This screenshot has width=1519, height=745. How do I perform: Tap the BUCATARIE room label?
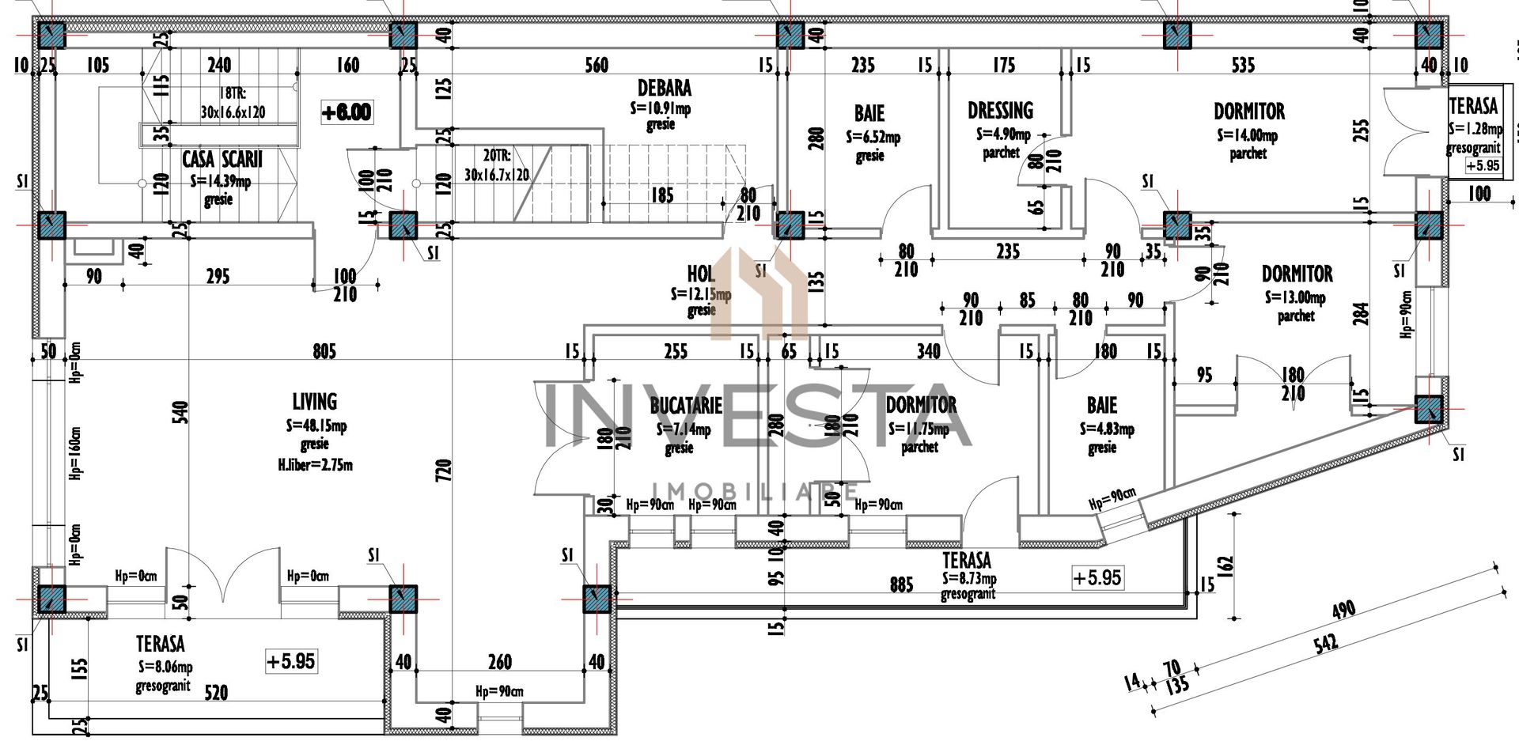[x=685, y=407]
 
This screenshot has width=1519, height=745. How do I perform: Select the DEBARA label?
[x=665, y=88]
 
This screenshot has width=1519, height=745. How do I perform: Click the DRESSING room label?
[x=1000, y=111]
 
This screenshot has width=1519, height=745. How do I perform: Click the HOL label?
[x=701, y=274]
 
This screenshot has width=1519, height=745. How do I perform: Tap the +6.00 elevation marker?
[x=346, y=112]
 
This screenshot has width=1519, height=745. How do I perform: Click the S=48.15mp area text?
[x=316, y=426]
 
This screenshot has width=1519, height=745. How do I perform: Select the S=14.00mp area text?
[x=1247, y=136]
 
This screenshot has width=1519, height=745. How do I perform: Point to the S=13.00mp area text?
[x=1294, y=298]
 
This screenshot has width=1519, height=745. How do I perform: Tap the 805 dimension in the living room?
[x=324, y=350]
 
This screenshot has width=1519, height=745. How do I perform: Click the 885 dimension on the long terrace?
[x=901, y=584]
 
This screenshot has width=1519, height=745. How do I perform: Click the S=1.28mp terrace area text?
[x=1473, y=127]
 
